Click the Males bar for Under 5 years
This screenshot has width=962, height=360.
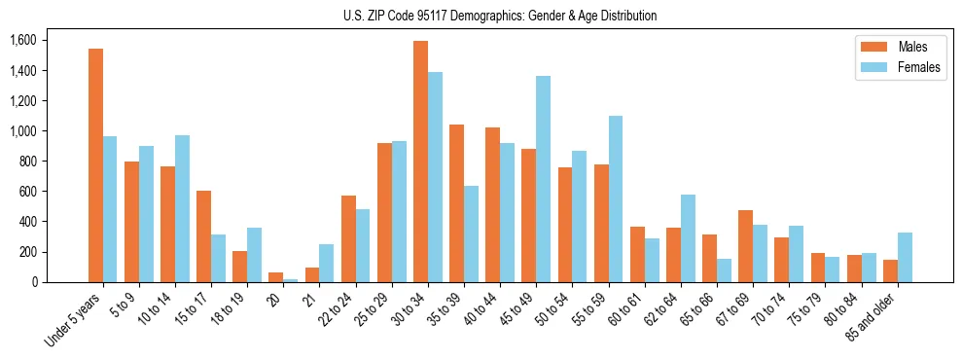[95, 165]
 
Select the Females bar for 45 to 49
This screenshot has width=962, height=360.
[543, 179]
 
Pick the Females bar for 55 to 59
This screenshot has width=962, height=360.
[615, 199]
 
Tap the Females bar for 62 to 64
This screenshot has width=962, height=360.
[688, 238]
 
